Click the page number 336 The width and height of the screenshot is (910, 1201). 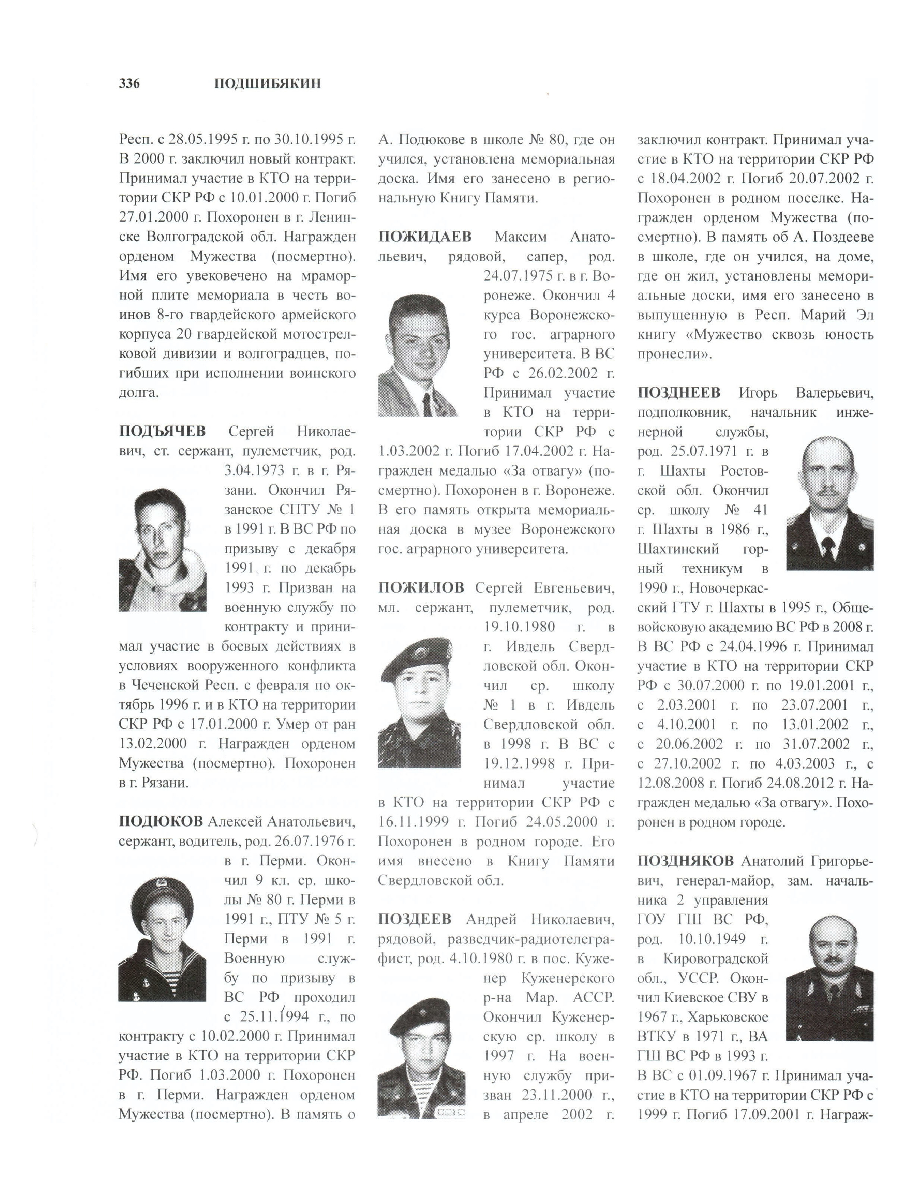[129, 84]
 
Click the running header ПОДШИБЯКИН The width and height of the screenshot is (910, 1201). [267, 84]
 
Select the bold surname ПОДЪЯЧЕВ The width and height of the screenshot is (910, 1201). [162, 431]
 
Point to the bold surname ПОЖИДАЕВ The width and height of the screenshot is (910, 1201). [424, 237]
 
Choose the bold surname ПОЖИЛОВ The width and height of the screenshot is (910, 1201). [421, 587]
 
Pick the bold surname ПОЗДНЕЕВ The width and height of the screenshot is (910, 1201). [679, 392]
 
